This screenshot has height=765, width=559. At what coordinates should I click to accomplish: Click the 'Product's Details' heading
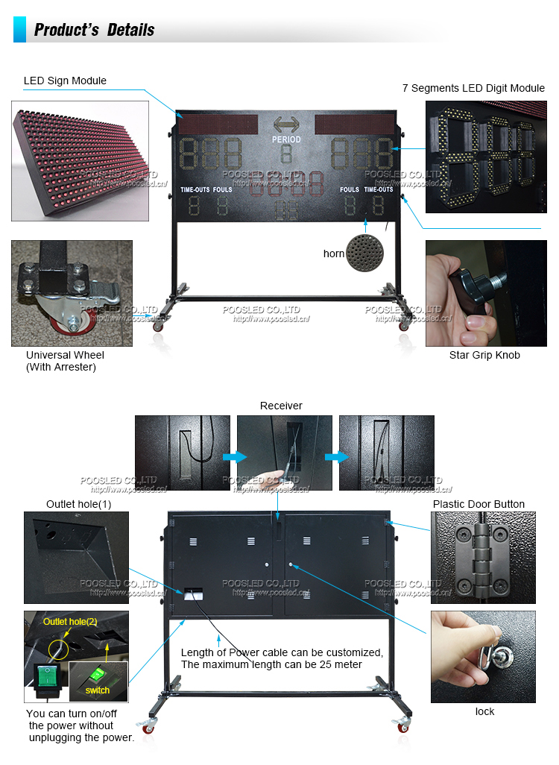[94, 30]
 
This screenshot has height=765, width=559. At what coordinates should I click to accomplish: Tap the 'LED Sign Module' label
[65, 81]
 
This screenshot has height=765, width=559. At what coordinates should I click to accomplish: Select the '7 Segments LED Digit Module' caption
[473, 88]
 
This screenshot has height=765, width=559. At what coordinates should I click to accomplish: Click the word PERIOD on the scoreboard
[286, 139]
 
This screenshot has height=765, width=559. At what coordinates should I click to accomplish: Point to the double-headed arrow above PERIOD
[286, 125]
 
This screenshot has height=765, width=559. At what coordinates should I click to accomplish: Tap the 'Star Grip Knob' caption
[484, 355]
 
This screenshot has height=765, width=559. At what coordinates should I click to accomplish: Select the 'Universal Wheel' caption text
[65, 355]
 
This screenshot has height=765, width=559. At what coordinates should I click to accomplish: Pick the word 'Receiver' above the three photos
[281, 406]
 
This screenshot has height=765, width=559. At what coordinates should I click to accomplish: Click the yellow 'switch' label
[98, 690]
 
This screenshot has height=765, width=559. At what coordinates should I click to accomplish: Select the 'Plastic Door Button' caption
[479, 504]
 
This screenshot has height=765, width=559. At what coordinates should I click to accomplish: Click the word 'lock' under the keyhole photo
[484, 711]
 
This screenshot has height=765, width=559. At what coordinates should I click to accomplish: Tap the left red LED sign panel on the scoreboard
[217, 122]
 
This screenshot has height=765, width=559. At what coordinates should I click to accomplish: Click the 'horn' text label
[334, 254]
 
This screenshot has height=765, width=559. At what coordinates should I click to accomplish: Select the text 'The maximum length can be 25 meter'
[271, 664]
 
